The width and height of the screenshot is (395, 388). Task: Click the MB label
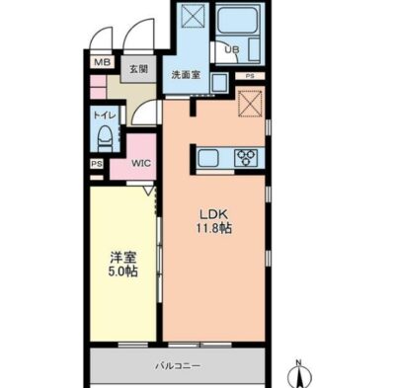(102, 62)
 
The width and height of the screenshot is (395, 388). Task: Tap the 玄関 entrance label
(138, 69)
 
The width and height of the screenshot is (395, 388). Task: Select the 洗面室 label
(186, 75)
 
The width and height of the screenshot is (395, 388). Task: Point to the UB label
(232, 49)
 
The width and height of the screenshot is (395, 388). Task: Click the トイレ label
(105, 116)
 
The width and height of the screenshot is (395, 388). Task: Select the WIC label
(141, 163)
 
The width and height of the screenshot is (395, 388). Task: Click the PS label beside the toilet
(97, 164)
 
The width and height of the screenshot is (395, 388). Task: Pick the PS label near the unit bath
(250, 76)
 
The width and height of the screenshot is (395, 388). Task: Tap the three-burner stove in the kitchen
(246, 158)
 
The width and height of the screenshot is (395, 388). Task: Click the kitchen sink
(207, 158)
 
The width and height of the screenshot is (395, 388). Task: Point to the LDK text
(214, 214)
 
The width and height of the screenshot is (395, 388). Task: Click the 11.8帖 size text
(214, 228)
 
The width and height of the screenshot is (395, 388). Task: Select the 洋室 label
(123, 258)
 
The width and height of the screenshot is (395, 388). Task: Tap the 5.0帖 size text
(123, 272)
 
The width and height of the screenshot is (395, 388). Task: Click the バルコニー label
(178, 365)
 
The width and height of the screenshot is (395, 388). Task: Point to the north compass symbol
(299, 374)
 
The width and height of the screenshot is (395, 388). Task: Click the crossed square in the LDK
(250, 104)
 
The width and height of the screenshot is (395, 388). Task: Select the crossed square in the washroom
(194, 16)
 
